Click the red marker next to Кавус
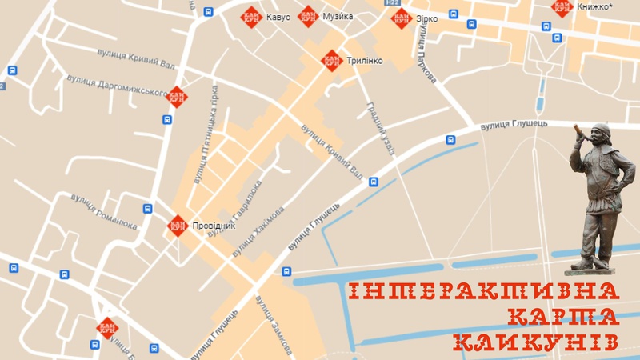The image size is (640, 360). coord(251,17)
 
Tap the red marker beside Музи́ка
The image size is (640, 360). coord(308,16)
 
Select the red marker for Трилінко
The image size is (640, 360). coord(331,61)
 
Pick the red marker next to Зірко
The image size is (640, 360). coord(402,18)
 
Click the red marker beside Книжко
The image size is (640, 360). coord(562,8)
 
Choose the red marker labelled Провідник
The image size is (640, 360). coord(178,226)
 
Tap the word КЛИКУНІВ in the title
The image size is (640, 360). coord(534,342)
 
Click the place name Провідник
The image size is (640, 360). coord(214,226)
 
